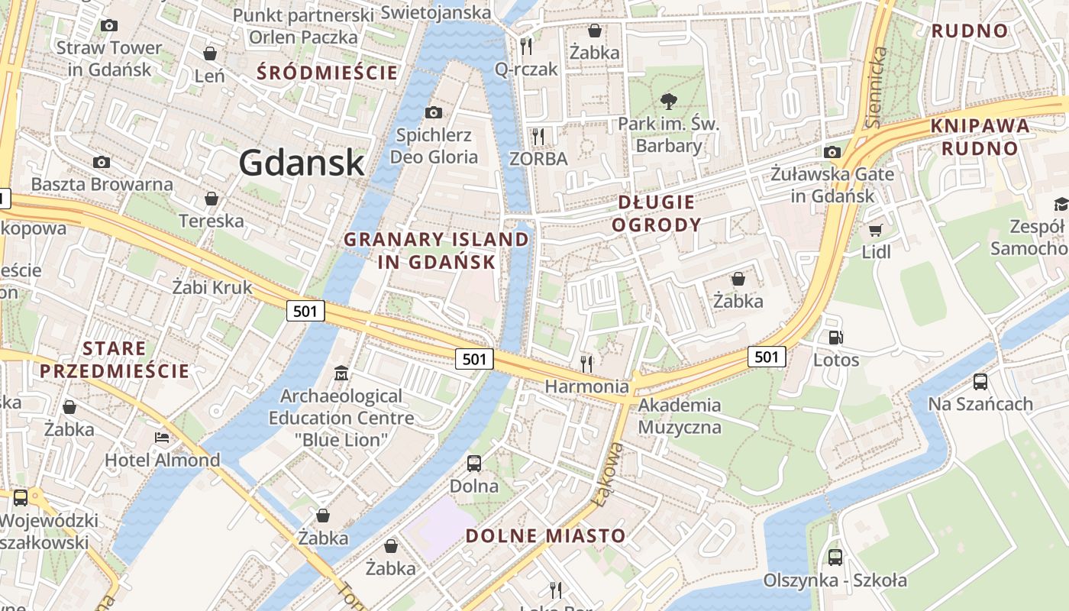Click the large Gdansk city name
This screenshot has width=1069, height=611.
coord(302,163)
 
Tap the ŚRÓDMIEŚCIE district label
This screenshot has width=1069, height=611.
coord(328,73)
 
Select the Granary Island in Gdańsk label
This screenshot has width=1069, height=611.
coord(436,251)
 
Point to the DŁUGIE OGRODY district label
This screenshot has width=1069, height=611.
coord(657,213)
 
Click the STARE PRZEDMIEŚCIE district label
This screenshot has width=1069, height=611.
coord(115,360)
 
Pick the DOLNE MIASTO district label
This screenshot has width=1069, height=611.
coord(545,535)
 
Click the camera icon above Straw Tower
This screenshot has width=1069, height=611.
coord(109,25)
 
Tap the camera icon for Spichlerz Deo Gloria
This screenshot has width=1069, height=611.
coord(433,113)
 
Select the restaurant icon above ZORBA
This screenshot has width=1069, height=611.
coord(539,137)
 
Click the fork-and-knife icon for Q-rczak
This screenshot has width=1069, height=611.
coord(526,47)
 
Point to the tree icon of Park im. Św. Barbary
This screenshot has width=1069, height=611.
coord(669,101)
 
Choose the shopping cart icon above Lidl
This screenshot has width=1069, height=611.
coord(876,230)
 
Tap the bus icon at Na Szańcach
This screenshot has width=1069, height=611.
coord(980,381)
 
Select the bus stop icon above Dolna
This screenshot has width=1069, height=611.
coord(474,463)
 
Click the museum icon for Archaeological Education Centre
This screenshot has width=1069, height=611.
coord(341,373)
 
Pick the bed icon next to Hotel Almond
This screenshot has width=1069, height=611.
coord(162,438)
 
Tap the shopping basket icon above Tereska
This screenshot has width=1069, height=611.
coord(212,199)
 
